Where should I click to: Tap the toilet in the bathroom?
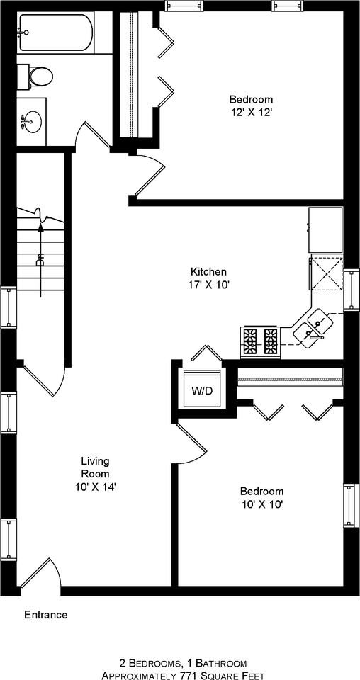38,75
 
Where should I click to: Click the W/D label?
202,391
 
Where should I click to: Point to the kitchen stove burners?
260,341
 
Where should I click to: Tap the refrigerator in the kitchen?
326,229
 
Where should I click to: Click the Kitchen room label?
208,272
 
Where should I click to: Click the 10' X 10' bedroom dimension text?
261,504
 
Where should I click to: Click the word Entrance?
46,615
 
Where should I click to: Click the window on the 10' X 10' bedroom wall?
349,505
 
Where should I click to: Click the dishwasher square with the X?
326,274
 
